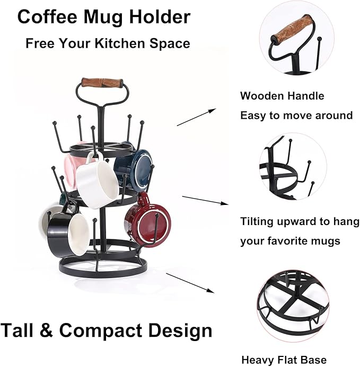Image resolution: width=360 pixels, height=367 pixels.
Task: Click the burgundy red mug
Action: pos(147,221)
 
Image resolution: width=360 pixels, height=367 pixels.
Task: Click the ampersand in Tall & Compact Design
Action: pos(46,330)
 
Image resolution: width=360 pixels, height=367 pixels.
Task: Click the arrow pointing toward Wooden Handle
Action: pos(196,117)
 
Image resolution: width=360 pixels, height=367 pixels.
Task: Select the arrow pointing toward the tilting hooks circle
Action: pos(205,201)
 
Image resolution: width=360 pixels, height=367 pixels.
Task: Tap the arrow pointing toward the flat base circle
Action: pos(190,283)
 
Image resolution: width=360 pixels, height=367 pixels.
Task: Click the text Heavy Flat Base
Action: pos(284,360)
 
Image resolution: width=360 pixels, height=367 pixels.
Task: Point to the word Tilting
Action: pos(257,221)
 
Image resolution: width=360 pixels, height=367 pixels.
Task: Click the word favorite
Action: pos(286,241)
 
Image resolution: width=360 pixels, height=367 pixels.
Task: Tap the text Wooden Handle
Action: pos(282,96)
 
